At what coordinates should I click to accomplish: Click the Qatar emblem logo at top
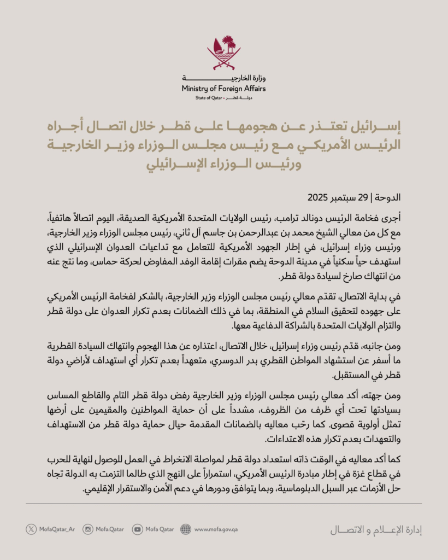coord(224,52)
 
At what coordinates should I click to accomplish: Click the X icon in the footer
coord(31,529)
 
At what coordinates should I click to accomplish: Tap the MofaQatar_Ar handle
coord(57,529)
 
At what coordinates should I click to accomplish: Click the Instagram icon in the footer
coord(88,529)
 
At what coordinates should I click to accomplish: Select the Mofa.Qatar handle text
coord(110,529)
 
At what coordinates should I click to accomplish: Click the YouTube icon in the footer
coord(137,529)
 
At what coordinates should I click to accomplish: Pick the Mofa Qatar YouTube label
coord(160,529)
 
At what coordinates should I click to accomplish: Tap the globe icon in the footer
coord(186,529)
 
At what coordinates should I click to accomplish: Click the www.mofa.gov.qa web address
coord(216,529)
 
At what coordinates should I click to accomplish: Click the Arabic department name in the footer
coord(376,529)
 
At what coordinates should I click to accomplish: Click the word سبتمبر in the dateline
coord(363,197)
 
